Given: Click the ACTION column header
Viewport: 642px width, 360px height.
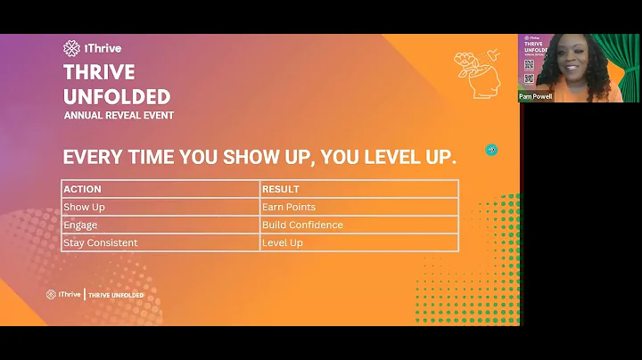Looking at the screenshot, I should click(83, 189).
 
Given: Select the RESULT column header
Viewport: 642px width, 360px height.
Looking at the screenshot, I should click(281, 189).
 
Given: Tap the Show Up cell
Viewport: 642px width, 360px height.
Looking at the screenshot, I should click(84, 207).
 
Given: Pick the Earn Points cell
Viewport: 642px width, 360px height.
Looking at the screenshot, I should click(289, 207).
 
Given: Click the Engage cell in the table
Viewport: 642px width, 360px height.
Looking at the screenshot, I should click(80, 225).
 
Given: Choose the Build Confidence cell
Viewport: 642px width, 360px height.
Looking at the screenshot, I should click(302, 225).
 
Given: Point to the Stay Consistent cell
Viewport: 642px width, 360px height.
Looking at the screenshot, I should click(101, 242).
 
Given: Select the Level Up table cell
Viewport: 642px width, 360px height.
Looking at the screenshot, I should click(282, 242).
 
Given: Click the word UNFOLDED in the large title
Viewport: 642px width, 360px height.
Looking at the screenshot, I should click(117, 96).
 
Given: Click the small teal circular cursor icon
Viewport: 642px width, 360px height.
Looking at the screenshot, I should click(491, 150).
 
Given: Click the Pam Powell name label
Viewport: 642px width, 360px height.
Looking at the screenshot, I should click(536, 96).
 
